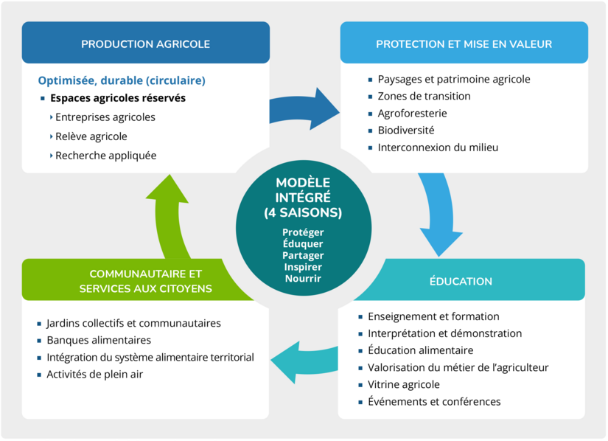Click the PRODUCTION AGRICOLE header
[x=145, y=44]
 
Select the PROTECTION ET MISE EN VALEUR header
[x=464, y=44]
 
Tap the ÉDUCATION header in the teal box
[x=461, y=281]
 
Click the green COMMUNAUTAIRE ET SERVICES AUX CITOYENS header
[x=145, y=281]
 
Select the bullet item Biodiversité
[x=405, y=130]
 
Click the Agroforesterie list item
[x=412, y=113]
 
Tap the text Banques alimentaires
[x=98, y=340]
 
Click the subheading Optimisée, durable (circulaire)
[x=122, y=80]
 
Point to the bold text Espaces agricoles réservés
[x=118, y=97]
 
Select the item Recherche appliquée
[x=105, y=156]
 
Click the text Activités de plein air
[x=94, y=374]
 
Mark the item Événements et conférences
[x=433, y=401]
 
